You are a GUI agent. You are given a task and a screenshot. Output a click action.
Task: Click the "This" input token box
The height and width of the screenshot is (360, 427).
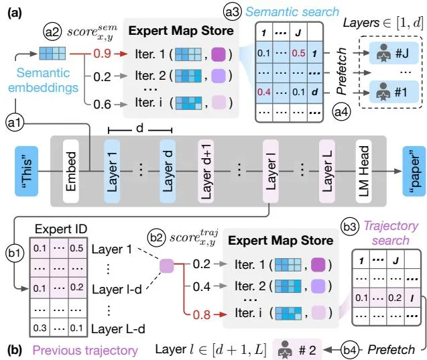(x=26, y=171)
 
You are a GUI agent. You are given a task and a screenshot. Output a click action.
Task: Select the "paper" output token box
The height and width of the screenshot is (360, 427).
(x=414, y=171)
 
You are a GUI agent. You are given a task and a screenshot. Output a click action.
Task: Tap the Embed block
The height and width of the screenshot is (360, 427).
(x=71, y=171)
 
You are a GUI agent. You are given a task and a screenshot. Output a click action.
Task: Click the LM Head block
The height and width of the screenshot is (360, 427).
(x=363, y=171)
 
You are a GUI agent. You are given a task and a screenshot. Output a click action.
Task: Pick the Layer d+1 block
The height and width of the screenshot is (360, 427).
(x=206, y=171)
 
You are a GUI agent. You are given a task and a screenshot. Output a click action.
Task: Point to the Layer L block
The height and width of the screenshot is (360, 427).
(x=327, y=171)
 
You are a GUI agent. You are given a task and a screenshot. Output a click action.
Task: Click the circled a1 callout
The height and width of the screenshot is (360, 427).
(x=15, y=123)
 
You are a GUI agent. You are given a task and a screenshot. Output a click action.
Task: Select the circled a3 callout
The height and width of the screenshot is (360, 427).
(x=233, y=12)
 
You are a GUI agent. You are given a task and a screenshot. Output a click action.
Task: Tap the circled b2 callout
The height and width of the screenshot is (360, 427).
(x=157, y=237)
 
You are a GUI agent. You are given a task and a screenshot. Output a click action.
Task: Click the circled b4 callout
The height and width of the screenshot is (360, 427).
(x=350, y=350)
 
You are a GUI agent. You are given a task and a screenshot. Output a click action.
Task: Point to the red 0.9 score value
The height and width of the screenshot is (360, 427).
(x=102, y=54)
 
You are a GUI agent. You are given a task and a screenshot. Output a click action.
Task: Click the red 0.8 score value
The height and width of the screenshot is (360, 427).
(x=202, y=314)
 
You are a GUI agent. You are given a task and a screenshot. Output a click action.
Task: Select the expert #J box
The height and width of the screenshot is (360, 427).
(x=393, y=53)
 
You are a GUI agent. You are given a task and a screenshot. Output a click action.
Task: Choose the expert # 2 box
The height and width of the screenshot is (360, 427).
(x=297, y=350)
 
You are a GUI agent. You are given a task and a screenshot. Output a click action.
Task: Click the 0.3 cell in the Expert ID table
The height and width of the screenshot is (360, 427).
(x=40, y=328)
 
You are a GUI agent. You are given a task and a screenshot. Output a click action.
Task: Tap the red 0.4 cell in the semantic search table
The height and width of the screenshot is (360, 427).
(x=264, y=92)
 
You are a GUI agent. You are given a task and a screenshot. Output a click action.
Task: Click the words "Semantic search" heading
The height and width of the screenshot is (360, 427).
(x=292, y=11)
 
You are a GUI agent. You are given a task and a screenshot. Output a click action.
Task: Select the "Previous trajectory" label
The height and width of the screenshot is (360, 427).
(x=85, y=351)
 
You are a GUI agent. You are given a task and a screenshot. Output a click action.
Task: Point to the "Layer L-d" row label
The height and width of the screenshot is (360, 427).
(x=118, y=329)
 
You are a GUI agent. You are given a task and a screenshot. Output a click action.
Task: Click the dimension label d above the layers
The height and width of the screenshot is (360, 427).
(x=139, y=127)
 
